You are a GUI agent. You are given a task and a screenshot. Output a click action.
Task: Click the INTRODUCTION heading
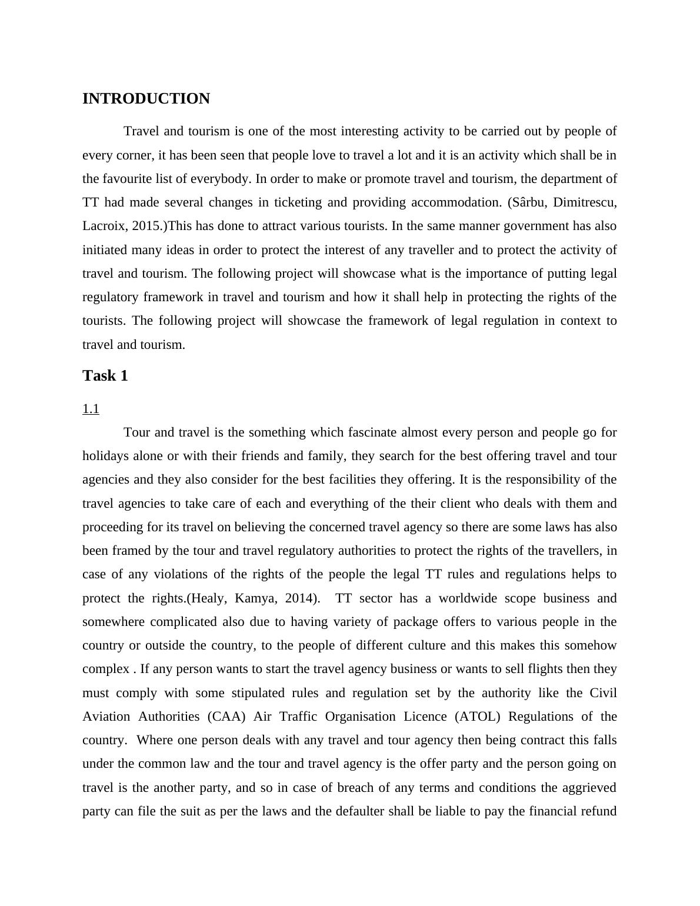coord(146,99)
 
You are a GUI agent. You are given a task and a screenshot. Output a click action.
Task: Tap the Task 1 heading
coord(105,376)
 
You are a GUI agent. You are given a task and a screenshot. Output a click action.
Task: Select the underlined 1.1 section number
coord(91,409)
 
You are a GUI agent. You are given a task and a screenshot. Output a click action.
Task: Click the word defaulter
coord(366,811)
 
